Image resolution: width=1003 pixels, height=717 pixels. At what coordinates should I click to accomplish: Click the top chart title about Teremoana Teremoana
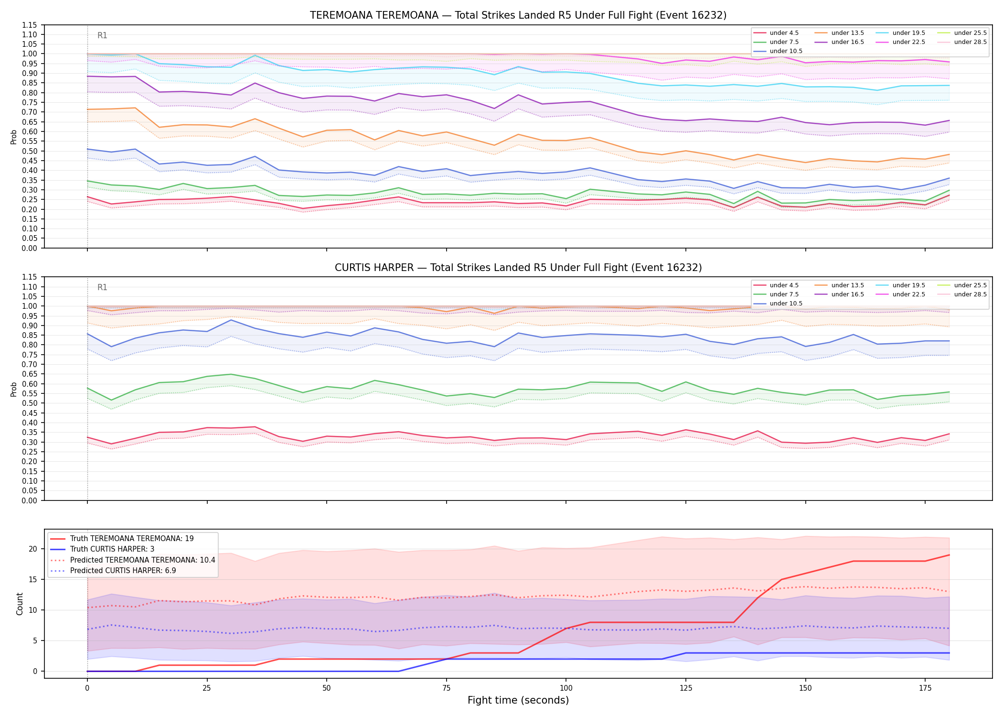(x=518, y=15)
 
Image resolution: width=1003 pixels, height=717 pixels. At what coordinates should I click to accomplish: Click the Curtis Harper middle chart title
(x=518, y=268)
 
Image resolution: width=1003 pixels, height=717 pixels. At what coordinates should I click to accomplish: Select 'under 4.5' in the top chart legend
(x=784, y=33)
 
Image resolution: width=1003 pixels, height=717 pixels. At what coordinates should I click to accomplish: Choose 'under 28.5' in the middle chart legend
(x=970, y=294)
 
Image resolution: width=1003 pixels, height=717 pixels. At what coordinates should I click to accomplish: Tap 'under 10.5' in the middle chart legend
(x=786, y=304)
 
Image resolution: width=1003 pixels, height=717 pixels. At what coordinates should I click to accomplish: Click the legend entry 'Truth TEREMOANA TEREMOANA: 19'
(x=132, y=539)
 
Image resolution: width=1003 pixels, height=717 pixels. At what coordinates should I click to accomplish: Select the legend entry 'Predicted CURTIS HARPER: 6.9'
(x=123, y=571)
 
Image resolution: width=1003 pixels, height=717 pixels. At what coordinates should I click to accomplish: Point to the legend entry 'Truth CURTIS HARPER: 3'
(x=112, y=549)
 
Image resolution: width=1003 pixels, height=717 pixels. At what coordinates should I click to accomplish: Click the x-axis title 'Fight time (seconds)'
(x=518, y=700)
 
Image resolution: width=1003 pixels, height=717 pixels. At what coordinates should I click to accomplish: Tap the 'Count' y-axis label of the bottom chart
(x=20, y=604)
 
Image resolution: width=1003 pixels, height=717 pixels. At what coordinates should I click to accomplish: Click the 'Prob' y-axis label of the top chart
(x=14, y=137)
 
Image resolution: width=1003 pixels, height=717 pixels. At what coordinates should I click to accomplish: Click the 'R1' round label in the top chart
(x=102, y=35)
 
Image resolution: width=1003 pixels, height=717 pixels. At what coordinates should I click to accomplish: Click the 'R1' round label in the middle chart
(x=102, y=287)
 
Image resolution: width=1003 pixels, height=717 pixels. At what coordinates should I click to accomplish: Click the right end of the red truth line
(x=949, y=555)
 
